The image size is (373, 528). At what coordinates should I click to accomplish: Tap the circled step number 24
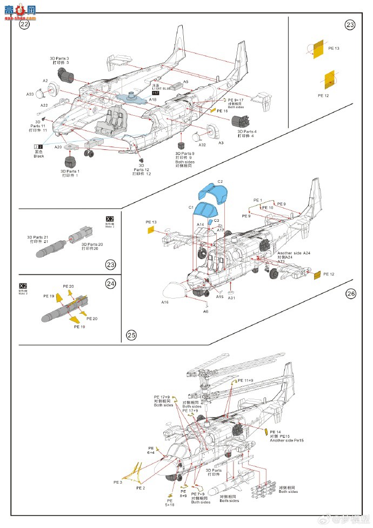tap(110, 283)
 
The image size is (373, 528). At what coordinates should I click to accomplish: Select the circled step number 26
tap(351, 294)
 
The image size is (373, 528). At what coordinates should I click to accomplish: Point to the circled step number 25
tap(131, 335)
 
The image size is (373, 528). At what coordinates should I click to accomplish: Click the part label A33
tap(30, 94)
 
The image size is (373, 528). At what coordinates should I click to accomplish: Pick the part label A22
tap(44, 105)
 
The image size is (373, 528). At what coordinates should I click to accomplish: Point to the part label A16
tap(165, 302)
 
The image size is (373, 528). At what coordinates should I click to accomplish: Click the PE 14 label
tap(275, 432)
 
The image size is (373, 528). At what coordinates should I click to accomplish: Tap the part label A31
tap(231, 298)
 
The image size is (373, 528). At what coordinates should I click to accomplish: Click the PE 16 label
tap(222, 110)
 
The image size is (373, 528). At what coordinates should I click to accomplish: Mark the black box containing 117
tap(156, 94)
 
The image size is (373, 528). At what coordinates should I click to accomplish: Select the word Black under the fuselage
tap(39, 156)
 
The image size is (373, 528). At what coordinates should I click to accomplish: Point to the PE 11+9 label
tap(245, 381)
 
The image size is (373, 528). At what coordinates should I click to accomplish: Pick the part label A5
tap(185, 81)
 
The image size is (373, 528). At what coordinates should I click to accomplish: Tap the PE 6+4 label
tap(151, 450)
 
